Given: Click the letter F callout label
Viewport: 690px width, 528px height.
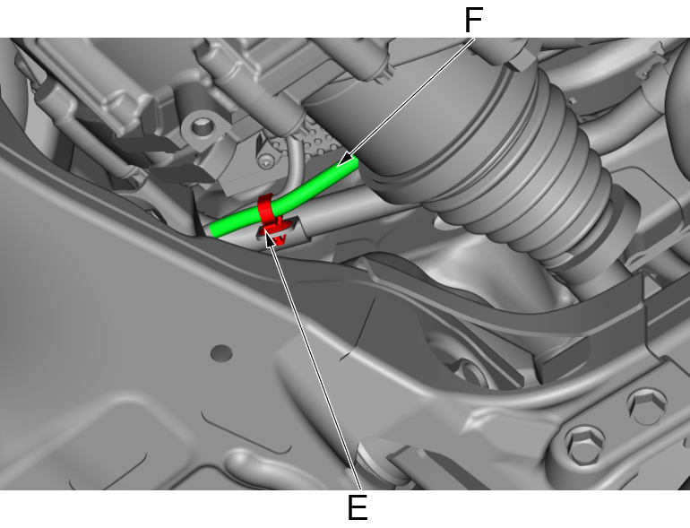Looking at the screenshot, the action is click(473, 21).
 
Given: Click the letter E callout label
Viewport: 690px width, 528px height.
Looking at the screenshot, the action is click(358, 507).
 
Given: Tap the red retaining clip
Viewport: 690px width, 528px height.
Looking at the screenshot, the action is click(271, 218).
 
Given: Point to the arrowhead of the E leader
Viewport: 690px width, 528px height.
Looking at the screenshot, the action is click(270, 241).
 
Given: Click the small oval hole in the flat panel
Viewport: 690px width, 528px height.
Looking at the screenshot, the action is click(221, 353).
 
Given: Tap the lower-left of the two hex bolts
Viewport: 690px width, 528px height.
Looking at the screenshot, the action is click(584, 444).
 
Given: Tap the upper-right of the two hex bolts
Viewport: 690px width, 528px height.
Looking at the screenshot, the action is click(646, 405).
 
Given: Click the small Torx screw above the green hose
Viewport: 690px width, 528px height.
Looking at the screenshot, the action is click(265, 162).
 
